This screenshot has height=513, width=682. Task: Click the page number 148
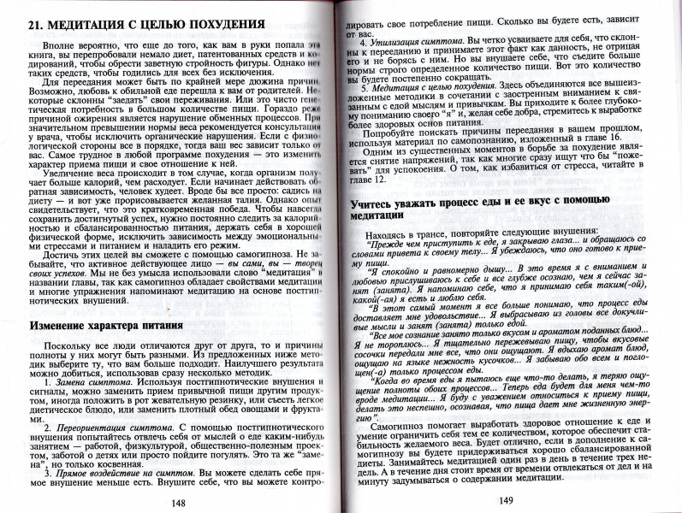point(179,502)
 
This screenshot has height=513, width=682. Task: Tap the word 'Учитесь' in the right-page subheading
point(376,202)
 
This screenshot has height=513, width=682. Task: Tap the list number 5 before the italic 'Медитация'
point(365,88)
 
